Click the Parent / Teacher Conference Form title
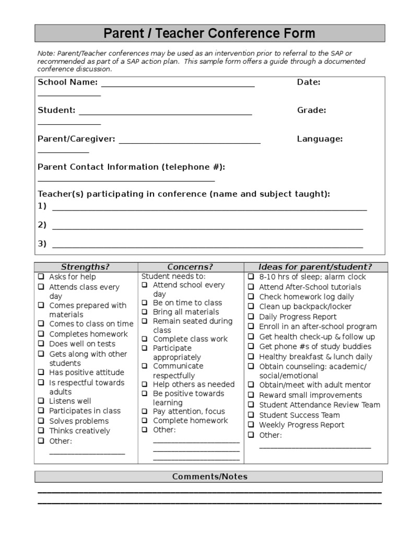tap(209, 34)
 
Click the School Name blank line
tap(178, 85)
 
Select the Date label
tap(309, 82)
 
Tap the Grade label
tap(312, 110)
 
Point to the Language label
tap(320, 138)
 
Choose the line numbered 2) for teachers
tap(207, 228)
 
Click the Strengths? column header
tap(85, 267)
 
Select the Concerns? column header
tap(190, 267)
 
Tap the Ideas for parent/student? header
tap(315, 267)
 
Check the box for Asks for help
tap(41, 277)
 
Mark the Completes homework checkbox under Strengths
tap(41, 334)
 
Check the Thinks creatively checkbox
tap(41, 431)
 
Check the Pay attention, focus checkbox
tap(145, 411)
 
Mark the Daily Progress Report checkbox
tap(251, 317)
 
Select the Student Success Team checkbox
tap(251, 415)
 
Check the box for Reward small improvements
tap(251, 395)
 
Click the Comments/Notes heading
tap(210, 476)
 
